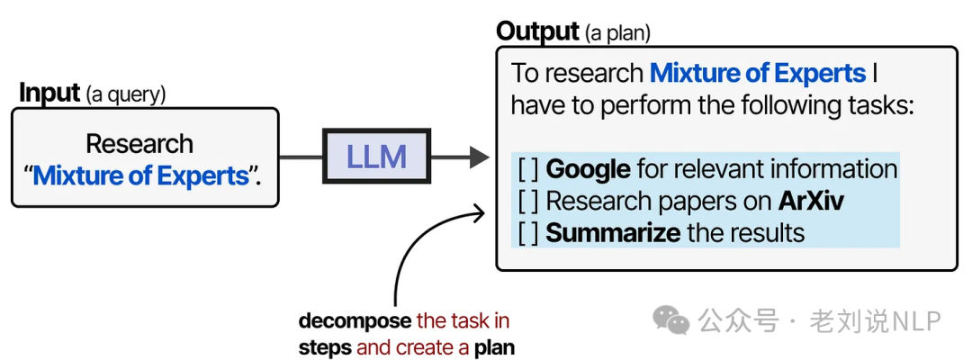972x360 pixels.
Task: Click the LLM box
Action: pos(377,157)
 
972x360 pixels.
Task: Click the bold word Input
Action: pos(50,93)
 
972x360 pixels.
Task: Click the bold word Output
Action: pos(537,31)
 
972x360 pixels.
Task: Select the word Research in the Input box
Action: pos(139,144)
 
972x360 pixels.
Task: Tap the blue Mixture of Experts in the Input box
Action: pos(140,175)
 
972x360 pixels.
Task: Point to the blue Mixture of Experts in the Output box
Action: pos(757,73)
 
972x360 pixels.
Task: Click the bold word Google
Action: pos(588,169)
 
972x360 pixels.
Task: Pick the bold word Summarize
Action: pos(613,232)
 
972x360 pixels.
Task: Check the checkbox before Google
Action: pos(527,169)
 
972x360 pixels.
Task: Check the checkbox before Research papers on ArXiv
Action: pos(527,201)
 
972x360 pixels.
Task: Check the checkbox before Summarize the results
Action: pos(527,232)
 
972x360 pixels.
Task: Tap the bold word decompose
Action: pos(355,320)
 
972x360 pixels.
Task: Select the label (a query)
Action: pos(126,94)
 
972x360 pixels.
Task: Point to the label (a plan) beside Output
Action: pos(617,34)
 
